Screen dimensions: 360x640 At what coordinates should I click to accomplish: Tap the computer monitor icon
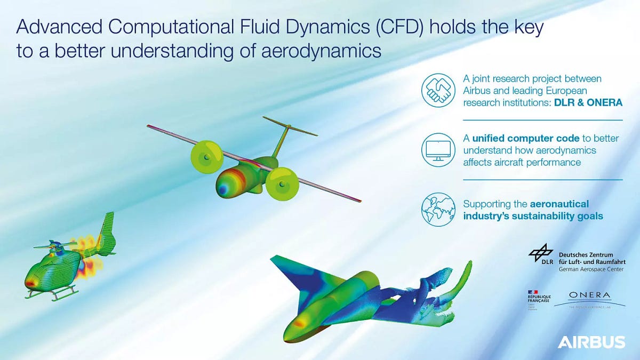[x=437, y=149]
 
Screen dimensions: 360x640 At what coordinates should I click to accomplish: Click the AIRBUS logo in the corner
[x=591, y=342]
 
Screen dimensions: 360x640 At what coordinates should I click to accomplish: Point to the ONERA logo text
[x=589, y=295]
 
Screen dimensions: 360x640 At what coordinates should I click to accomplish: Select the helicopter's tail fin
[x=108, y=229]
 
